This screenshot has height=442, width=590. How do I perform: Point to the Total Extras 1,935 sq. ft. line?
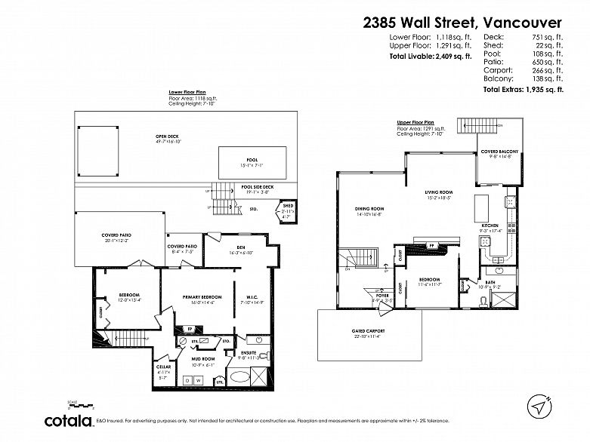pos(523,89)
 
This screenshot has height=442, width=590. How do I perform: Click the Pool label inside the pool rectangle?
pos(252,160)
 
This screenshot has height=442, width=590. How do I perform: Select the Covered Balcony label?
pos(499,152)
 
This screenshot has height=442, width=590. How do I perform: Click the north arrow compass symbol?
pos(538,406)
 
